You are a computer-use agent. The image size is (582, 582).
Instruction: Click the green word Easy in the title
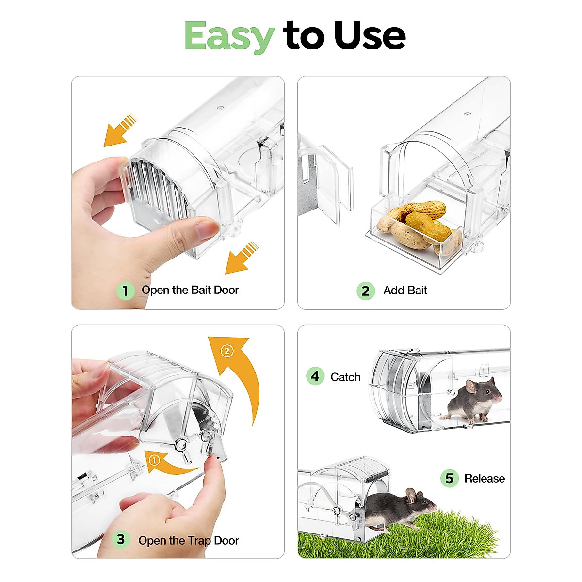[229, 36]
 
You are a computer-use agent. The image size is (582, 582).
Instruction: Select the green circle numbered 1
[125, 291]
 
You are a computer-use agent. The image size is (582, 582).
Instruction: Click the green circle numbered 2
[365, 291]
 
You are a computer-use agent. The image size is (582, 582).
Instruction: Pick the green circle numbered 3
[120, 539]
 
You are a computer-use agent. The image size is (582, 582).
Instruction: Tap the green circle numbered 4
[315, 376]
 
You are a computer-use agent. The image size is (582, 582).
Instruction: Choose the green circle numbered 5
[449, 478]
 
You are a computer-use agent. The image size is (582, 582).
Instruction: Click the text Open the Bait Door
[190, 290]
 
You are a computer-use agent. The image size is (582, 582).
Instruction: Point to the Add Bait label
[405, 291]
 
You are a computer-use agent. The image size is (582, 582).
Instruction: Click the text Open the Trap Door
[188, 540]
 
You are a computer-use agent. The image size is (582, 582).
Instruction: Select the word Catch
[345, 377]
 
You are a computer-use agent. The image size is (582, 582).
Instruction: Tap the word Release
[484, 479]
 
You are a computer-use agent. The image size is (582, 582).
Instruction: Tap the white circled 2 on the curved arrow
[227, 351]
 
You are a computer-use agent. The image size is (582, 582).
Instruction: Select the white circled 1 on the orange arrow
[154, 460]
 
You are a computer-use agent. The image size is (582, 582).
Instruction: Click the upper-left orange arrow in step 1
[118, 130]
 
